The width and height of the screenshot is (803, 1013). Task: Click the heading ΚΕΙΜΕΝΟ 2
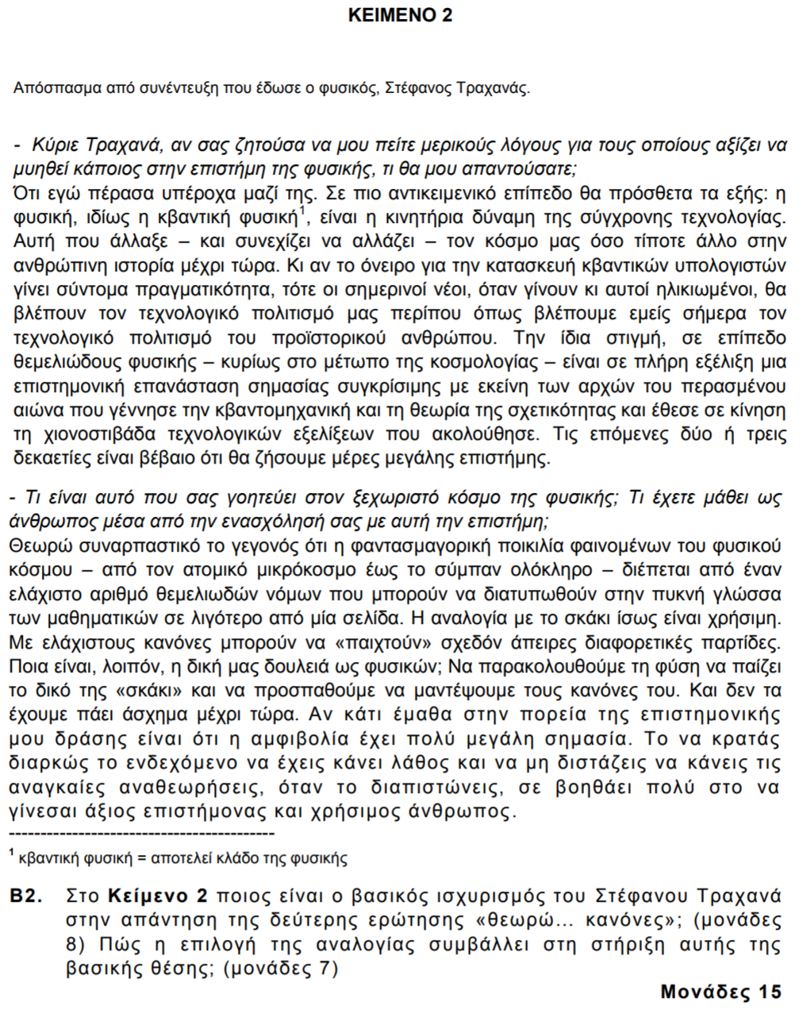coord(401,15)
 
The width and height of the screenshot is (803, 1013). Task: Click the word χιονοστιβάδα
coord(94,435)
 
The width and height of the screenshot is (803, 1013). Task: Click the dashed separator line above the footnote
coord(141,834)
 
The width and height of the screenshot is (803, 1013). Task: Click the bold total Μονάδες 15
coord(720,992)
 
